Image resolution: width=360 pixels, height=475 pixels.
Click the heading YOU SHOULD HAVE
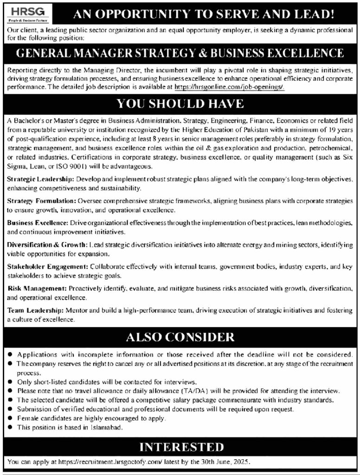[x=180, y=103]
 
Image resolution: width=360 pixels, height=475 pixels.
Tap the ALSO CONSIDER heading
[x=180, y=336]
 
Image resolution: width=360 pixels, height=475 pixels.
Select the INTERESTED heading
[x=181, y=447]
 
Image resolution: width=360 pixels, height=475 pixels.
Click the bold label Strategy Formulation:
[x=41, y=200]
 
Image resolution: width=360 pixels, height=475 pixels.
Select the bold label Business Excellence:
[x=38, y=223]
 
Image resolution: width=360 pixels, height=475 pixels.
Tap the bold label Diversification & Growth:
[x=47, y=244]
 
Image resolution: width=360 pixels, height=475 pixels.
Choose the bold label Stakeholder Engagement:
[x=48, y=266]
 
